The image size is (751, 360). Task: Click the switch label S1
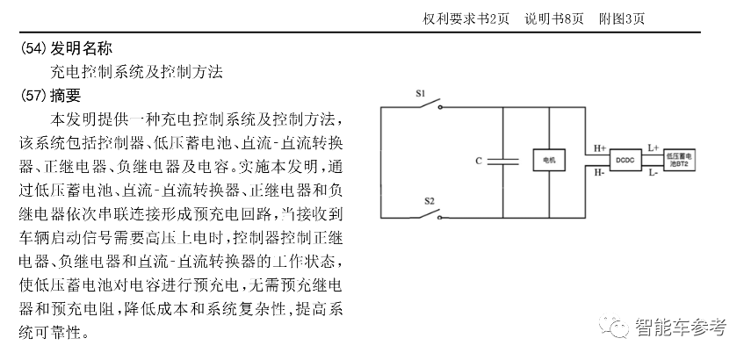point(421,92)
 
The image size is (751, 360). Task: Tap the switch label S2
point(430,201)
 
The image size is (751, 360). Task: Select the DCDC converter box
point(625,161)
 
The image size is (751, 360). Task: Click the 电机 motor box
point(550,161)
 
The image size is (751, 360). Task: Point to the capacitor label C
point(478,161)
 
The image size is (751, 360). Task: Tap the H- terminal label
point(597,173)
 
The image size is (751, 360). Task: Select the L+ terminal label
point(654,148)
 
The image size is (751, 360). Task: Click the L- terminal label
point(654,174)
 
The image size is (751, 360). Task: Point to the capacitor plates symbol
point(505,161)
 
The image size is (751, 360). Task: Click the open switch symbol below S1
point(429,105)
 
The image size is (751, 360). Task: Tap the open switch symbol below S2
point(429,214)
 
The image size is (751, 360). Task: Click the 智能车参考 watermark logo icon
point(615,328)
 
